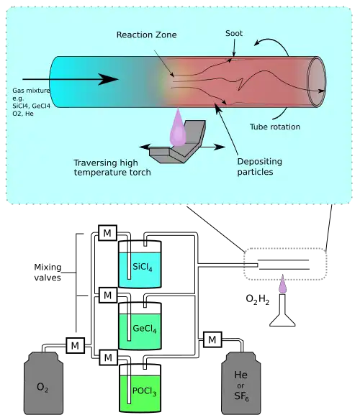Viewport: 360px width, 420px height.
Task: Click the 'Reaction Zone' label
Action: (x=146, y=35)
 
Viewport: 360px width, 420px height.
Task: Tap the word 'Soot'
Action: (x=234, y=33)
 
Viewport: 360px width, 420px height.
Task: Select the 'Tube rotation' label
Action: (x=275, y=127)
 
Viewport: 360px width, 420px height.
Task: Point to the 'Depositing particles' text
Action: (x=259, y=167)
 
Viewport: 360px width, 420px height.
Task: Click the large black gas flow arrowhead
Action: (x=108, y=79)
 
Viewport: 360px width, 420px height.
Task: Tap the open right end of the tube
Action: (x=317, y=82)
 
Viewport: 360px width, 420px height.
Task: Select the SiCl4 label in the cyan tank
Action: (x=143, y=267)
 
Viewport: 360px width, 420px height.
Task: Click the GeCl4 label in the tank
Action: (x=145, y=329)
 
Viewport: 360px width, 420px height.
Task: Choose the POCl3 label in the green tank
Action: (x=144, y=391)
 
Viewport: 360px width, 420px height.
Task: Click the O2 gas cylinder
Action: (x=43, y=383)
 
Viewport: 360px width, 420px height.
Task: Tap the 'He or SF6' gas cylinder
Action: (x=241, y=383)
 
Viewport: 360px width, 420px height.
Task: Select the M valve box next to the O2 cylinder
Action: (x=76, y=345)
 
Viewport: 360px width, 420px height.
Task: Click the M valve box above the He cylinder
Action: (x=212, y=339)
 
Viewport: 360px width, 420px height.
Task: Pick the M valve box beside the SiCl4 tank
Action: (x=107, y=233)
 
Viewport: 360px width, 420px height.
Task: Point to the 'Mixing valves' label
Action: (x=48, y=272)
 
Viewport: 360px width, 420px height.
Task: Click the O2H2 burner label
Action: (x=258, y=300)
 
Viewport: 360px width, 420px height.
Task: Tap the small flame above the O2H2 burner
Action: (x=282, y=284)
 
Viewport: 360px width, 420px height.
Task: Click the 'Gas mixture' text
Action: (x=31, y=91)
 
